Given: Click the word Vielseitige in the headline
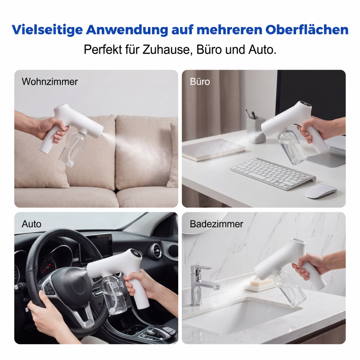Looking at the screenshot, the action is [x=47, y=30].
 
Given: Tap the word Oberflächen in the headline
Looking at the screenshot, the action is [x=307, y=30].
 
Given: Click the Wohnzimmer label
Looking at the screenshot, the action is [x=50, y=82].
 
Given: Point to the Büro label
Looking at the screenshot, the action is [x=200, y=82].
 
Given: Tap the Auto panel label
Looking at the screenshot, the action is [x=31, y=224].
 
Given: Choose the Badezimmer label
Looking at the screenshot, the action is [x=216, y=224].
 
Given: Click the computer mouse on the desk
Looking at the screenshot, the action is [x=321, y=192].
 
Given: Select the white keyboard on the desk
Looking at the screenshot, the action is [x=273, y=173].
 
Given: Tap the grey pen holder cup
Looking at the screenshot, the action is [x=255, y=130].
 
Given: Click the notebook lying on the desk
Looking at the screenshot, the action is [x=213, y=150].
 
